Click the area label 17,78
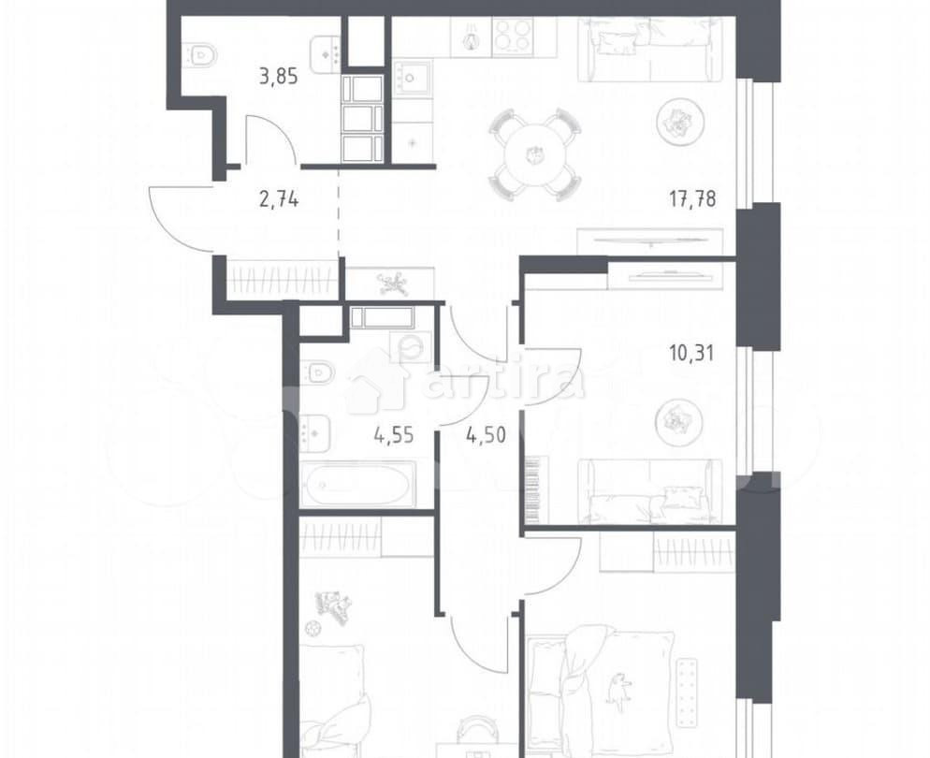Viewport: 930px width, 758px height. [693, 198]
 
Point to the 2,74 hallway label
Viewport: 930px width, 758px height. [278, 198]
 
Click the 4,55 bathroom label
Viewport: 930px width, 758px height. [394, 434]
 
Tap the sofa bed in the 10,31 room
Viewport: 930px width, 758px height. [649, 492]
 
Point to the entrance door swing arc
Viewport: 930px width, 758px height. [178, 221]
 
